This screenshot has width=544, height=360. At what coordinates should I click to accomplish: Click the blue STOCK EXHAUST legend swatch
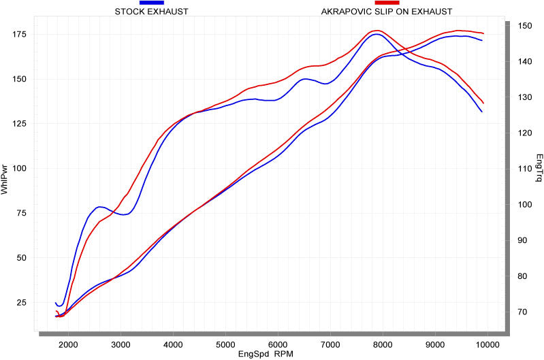tap(151, 3)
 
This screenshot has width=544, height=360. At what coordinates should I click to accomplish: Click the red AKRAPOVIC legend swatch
tap(386, 3)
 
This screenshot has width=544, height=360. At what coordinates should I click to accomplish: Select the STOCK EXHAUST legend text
tap(152, 12)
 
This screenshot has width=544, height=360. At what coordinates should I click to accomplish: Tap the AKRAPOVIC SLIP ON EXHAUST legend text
tap(386, 12)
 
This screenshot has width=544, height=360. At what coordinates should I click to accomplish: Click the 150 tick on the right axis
tap(524, 25)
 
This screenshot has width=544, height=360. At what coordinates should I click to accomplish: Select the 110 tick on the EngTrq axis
tap(524, 169)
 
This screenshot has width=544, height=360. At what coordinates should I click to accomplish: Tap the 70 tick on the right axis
tap(522, 312)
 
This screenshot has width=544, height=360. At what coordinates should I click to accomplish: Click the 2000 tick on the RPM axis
tap(68, 344)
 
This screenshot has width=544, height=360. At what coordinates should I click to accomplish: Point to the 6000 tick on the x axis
tap(278, 344)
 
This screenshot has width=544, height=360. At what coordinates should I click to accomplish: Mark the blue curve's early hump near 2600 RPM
tap(100, 206)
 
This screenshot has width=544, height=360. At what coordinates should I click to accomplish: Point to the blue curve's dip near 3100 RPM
tap(124, 214)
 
